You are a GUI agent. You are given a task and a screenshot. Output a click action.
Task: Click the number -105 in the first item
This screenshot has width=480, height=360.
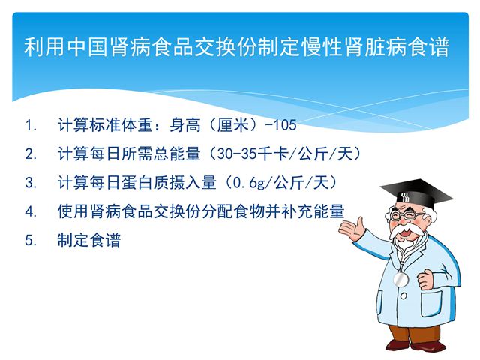pyautogui.click(x=280, y=125)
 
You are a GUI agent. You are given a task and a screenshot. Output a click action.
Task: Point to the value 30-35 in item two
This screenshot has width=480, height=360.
pyautogui.click(x=236, y=154)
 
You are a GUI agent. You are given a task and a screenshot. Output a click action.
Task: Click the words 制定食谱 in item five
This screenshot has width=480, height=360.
pyautogui.click(x=89, y=240)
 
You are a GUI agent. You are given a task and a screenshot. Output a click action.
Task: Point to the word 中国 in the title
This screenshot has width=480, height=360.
pyautogui.click(x=87, y=46)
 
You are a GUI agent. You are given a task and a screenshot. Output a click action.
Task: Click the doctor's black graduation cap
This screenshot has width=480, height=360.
pyautogui.click(x=417, y=193)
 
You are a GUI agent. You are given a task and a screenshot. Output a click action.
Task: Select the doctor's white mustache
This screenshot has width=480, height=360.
pyautogui.click(x=406, y=232)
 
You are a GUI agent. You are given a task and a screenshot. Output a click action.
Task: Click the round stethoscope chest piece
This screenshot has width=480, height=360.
pyautogui.click(x=400, y=279)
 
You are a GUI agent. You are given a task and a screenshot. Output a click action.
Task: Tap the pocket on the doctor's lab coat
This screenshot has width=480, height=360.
pyautogui.click(x=431, y=303)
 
